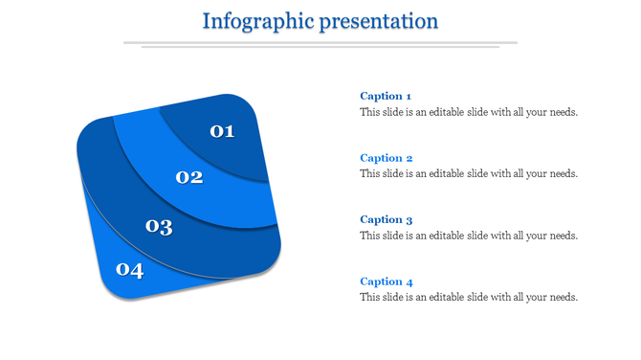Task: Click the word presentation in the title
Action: (x=377, y=21)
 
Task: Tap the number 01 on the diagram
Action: (x=222, y=131)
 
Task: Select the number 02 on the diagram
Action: (x=189, y=177)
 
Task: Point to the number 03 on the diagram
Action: (x=159, y=227)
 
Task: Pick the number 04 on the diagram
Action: (x=129, y=270)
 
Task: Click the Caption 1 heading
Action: (x=386, y=96)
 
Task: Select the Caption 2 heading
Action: (x=386, y=158)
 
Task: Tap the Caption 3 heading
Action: (x=386, y=219)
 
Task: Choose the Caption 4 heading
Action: (x=386, y=281)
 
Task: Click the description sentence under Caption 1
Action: (x=469, y=112)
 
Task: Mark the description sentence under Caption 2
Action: (x=469, y=174)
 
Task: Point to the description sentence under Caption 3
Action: (x=469, y=236)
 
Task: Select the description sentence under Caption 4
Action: (x=469, y=298)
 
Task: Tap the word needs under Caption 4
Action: (x=564, y=298)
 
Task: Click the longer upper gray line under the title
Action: (x=320, y=42)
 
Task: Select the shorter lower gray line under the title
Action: (x=320, y=47)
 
